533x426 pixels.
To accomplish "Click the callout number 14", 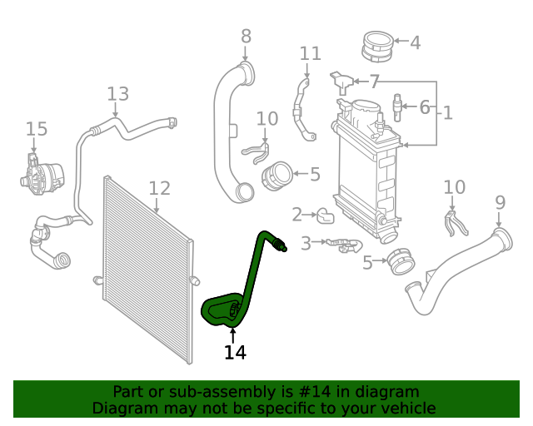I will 235,352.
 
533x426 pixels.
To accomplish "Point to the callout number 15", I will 36,129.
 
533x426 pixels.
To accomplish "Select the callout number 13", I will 117,93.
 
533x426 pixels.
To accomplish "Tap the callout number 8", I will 246,36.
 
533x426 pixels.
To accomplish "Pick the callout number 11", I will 310,54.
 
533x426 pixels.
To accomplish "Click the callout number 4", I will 414,42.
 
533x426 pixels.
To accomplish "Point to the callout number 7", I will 374,82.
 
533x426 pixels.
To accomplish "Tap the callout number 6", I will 424,107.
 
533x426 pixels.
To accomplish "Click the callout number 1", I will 447,112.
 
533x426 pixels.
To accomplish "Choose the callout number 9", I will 500,201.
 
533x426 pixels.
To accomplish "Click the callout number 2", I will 297,215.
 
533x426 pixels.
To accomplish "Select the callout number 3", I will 306,243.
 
